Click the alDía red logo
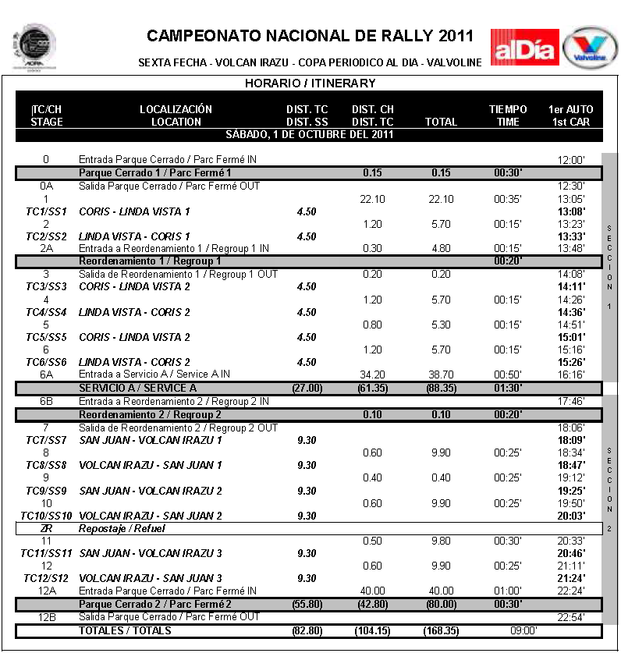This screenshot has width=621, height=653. [524, 47]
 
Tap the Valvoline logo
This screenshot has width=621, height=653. [591, 48]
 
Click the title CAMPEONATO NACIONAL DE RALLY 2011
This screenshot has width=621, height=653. [310, 36]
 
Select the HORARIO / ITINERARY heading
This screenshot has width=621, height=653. [310, 83]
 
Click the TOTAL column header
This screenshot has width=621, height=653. [441, 122]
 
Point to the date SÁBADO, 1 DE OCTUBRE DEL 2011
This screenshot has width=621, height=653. [310, 134]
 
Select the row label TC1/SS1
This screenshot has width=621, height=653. [46, 211]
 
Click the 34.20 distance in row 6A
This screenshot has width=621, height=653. [373, 374]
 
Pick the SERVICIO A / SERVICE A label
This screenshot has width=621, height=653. [137, 388]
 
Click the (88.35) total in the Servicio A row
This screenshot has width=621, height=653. [442, 388]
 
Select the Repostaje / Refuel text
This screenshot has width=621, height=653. [122, 528]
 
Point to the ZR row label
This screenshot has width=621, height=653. [46, 528]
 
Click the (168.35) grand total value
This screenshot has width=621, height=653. [442, 630]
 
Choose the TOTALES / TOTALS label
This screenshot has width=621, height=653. [125, 630]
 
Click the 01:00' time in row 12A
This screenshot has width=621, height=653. [508, 591]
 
